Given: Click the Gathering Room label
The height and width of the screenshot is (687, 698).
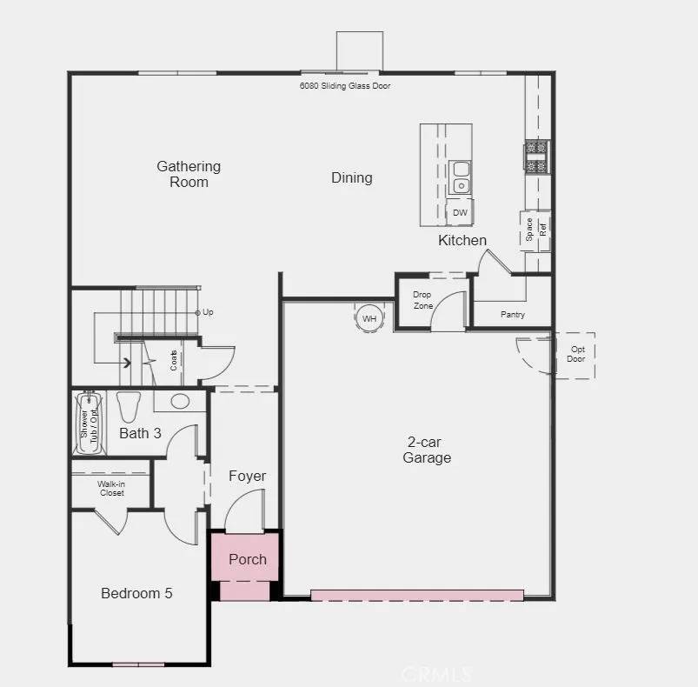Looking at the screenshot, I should tap(189, 174).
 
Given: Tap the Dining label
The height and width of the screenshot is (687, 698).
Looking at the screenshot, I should tap(351, 178).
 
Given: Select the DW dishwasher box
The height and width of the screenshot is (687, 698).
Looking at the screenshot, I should tap(460, 212).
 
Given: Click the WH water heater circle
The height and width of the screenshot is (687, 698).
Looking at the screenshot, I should tap(369, 318).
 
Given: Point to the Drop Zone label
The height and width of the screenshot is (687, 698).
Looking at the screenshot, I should tap(422, 300).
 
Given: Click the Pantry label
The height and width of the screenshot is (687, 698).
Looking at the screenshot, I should tap(513, 314).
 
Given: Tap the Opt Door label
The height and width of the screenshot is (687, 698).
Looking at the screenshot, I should tap(576, 354).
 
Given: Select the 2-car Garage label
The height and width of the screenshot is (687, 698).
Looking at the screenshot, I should tap(427, 450).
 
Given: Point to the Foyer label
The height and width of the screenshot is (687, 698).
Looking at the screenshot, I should tap(247, 476).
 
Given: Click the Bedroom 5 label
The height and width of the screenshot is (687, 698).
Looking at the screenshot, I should tap(136, 593).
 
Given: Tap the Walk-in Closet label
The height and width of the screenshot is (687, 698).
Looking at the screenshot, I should tap(110, 488).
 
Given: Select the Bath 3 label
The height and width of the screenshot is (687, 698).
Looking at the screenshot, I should tap(140, 432).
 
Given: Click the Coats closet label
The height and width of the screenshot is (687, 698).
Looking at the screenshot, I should tap(174, 360).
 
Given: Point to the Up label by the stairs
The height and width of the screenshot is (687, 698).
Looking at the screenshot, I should tap(208, 312).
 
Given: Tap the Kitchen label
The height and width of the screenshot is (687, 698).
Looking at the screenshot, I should tap(462, 240).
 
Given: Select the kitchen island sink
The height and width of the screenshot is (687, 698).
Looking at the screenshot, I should tap(460, 177).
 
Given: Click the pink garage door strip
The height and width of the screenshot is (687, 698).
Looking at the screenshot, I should tap(417, 596).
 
